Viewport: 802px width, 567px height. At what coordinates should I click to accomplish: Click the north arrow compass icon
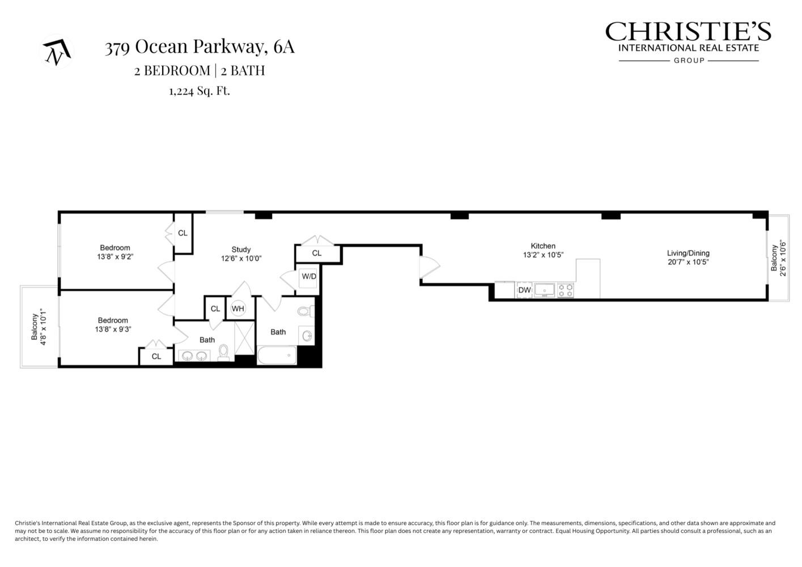[x=57, y=52]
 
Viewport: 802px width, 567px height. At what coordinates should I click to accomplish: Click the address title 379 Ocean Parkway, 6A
[x=200, y=47]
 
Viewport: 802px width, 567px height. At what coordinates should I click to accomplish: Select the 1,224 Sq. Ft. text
[x=200, y=91]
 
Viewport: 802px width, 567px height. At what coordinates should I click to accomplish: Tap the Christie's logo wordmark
[x=688, y=32]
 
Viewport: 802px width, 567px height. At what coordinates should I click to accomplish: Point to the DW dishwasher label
[x=524, y=290]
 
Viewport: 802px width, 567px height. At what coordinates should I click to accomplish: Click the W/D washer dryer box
[x=309, y=277]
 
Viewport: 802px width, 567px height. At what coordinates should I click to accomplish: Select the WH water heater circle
[x=237, y=308]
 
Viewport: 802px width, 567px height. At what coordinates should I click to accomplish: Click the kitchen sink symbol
[x=545, y=290]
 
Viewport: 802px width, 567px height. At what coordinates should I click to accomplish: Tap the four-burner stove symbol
[x=566, y=290]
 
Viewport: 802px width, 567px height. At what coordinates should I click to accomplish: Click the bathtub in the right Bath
[x=277, y=356]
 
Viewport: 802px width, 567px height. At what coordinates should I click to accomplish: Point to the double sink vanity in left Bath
[x=194, y=356]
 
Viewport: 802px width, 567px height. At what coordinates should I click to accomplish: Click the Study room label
[x=241, y=249]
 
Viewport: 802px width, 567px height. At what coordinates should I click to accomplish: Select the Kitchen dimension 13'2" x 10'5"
[x=543, y=255]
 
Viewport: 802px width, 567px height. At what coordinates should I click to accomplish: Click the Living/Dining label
[x=688, y=253]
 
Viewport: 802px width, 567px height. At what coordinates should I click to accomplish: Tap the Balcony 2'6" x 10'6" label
[x=778, y=258]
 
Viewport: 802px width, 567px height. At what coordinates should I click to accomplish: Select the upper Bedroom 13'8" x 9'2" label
[x=115, y=252]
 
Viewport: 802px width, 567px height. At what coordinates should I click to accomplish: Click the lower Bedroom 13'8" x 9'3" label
[x=113, y=325]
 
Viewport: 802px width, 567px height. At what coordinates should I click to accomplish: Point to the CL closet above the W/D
[x=317, y=253]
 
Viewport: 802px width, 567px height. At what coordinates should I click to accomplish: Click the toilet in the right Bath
[x=304, y=311]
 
